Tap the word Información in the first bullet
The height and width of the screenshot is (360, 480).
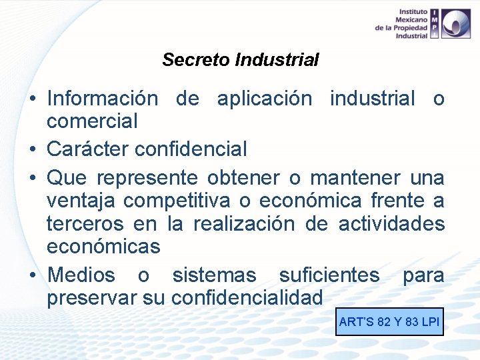[103, 99]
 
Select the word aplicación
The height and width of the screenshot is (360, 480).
[265, 99]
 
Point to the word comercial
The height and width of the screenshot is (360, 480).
[92, 121]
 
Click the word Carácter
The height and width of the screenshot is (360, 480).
[88, 149]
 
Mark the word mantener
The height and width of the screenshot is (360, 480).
[356, 178]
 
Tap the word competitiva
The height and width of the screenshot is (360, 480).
[177, 200]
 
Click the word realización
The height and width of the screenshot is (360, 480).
[243, 223]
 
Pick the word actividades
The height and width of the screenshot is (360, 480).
[391, 223]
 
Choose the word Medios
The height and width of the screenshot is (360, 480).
[81, 275]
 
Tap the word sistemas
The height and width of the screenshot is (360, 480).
[214, 275]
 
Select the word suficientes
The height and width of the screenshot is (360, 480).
[329, 275]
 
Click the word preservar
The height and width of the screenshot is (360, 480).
[92, 297]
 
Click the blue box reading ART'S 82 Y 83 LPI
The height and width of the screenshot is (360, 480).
[389, 322]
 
